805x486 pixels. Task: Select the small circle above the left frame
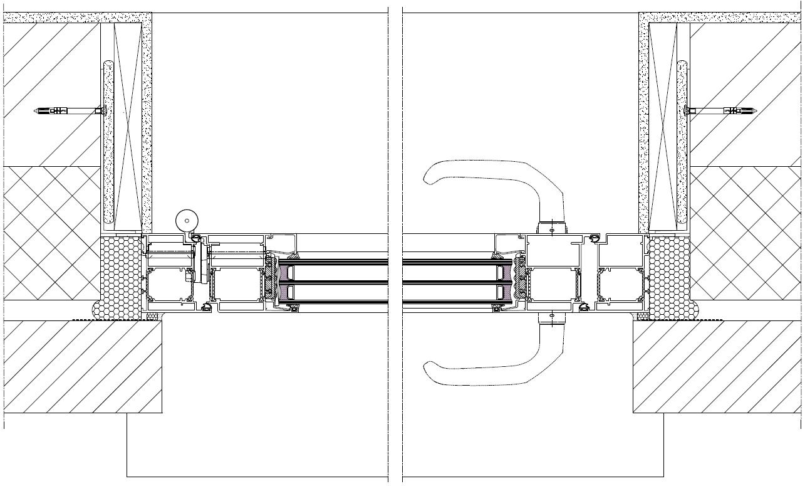click(x=187, y=220)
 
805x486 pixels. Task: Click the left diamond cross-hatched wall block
click(x=51, y=232)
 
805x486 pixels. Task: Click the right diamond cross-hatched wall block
click(x=745, y=232)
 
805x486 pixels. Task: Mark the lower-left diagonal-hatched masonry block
click(x=81, y=367)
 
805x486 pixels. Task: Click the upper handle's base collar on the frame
click(x=551, y=228)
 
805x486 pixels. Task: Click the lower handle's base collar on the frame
click(x=551, y=318)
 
